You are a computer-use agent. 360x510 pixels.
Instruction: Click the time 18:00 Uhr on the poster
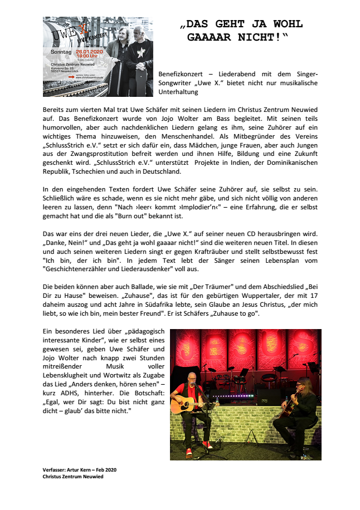(x=87, y=56)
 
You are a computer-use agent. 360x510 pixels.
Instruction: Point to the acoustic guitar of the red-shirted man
(x=187, y=406)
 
